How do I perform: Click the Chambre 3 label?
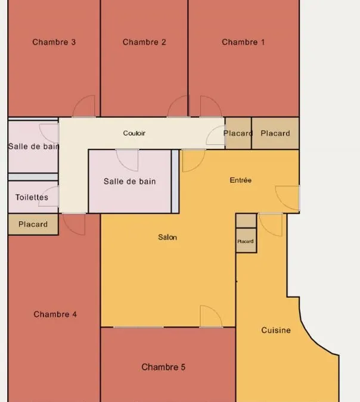[x=54, y=42]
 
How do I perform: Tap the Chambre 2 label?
[x=144, y=42]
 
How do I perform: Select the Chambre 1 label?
[x=243, y=42]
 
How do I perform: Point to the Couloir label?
[x=134, y=133]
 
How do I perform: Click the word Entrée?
[x=240, y=180]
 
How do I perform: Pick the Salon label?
[x=167, y=237]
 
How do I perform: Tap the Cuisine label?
[x=276, y=330]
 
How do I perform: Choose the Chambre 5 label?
[x=163, y=367]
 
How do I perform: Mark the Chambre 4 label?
[x=55, y=314]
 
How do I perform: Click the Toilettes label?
[x=32, y=197]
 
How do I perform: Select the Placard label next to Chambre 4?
[x=33, y=225]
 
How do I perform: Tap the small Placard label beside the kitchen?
[x=246, y=241]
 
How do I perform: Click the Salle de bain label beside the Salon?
[x=129, y=181]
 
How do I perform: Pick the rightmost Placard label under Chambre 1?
[x=275, y=133]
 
